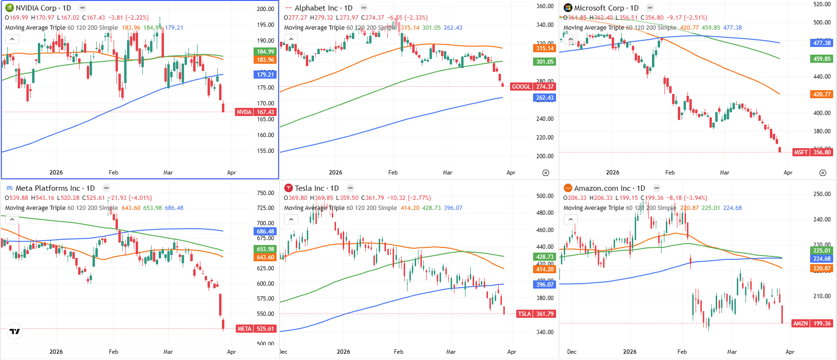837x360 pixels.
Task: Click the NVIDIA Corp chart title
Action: point(43,8)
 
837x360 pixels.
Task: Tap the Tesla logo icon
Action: point(288,188)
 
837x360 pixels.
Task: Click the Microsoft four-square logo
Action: point(568,8)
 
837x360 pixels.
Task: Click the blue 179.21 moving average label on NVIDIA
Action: point(265,75)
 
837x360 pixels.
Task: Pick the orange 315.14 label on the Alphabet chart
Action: point(545,48)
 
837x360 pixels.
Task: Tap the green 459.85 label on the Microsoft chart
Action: point(822,59)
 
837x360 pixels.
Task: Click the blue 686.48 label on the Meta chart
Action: point(265,232)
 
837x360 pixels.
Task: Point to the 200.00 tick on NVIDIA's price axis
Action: point(265,9)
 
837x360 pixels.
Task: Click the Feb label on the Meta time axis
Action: point(113,352)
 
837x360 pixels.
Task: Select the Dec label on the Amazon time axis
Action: point(571,352)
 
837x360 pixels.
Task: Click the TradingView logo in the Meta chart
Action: point(15,331)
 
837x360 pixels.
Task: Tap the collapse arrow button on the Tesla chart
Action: point(291,220)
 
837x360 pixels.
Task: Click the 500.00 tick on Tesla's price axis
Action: point(545,196)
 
